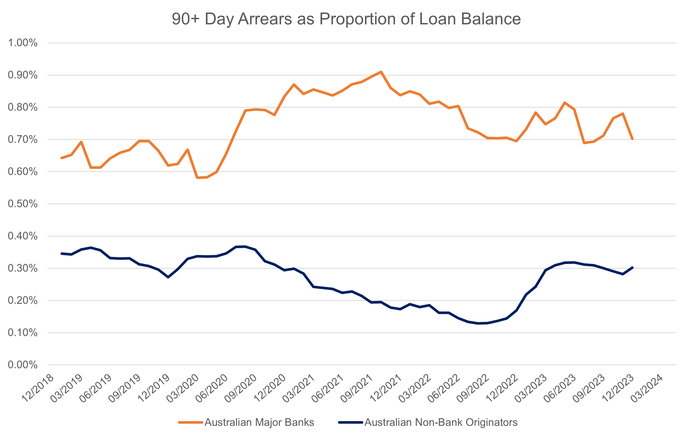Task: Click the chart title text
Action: pyautogui.click(x=346, y=19)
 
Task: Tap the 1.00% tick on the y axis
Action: pyautogui.click(x=23, y=43)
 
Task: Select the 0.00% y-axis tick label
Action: pyautogui.click(x=23, y=365)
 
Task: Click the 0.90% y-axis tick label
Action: pyautogui.click(x=23, y=75)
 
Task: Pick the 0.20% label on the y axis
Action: pyautogui.click(x=23, y=300)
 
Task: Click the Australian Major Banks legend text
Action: pyautogui.click(x=259, y=422)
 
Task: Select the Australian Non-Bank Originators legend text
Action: pyautogui.click(x=441, y=422)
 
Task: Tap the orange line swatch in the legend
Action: pyautogui.click(x=191, y=422)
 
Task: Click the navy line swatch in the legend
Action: pyautogui.click(x=351, y=422)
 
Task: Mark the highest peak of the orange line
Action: pyautogui.click(x=381, y=72)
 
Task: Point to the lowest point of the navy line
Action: pyautogui.click(x=478, y=323)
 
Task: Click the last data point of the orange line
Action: pyautogui.click(x=632, y=139)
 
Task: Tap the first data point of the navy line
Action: pyautogui.click(x=61, y=253)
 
